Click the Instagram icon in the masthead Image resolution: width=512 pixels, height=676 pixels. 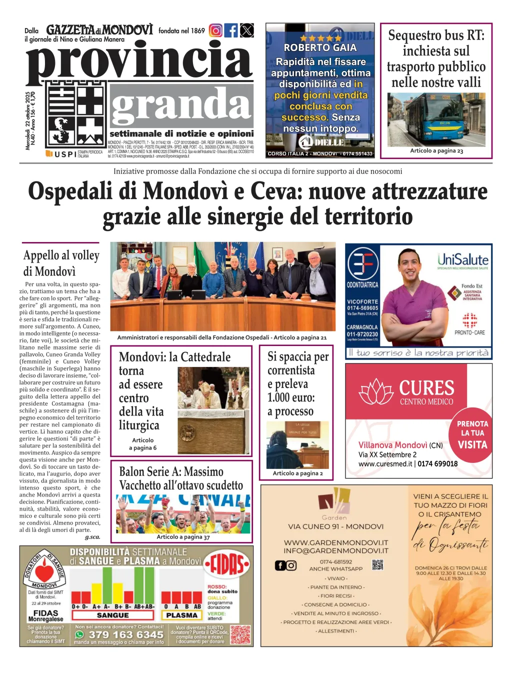(215, 30)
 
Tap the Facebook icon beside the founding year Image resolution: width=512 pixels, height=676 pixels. (231, 30)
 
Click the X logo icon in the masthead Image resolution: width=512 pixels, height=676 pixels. (247, 30)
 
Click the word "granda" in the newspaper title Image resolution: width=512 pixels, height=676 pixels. (180, 105)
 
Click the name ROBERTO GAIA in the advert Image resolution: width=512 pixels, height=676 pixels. (320, 48)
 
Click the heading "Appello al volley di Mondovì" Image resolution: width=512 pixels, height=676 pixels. (61, 263)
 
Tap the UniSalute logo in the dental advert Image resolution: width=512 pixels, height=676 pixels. (462, 260)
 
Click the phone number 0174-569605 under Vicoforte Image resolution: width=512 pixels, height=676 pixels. (362, 308)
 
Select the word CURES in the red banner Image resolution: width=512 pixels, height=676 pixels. (426, 388)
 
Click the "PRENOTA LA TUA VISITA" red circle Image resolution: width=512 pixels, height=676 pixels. (472, 434)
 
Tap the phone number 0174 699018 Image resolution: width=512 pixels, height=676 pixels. (437, 463)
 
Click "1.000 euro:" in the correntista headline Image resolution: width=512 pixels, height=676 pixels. (291, 397)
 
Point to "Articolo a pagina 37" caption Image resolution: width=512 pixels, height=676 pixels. (183, 537)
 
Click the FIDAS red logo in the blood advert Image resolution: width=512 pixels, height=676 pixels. (227, 565)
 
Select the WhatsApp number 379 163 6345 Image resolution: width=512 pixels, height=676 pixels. (126, 634)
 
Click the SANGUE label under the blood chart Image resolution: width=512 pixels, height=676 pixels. (112, 615)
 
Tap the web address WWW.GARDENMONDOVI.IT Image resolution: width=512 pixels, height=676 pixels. (336, 542)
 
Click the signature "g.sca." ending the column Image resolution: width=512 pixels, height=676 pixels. (92, 537)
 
